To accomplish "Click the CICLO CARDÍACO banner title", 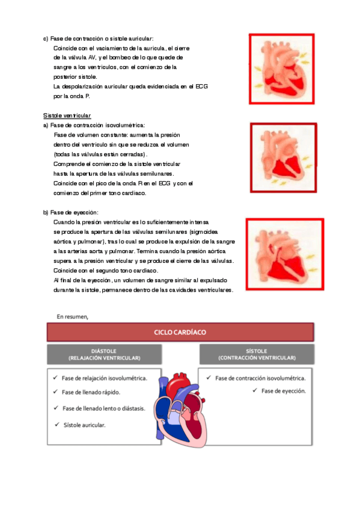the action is [x=180, y=332].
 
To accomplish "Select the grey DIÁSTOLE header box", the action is [x=105, y=354].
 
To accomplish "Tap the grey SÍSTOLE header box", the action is [x=257, y=354].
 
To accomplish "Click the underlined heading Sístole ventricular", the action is [x=67, y=115].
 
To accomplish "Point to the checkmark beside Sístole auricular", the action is [x=57, y=425].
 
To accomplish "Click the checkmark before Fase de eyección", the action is [x=255, y=390].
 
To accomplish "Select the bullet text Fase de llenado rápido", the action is [x=91, y=392].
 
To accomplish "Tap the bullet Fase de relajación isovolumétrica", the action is [x=105, y=378].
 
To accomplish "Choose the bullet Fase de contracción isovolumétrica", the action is [x=260, y=378].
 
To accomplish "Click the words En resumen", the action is [x=73, y=316].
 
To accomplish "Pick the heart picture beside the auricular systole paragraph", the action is [x=282, y=69].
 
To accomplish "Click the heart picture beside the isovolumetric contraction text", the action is [x=283, y=158].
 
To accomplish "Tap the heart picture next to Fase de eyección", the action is [x=285, y=254].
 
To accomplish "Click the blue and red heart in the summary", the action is [x=180, y=410].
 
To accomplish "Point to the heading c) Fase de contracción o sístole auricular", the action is [x=98, y=38].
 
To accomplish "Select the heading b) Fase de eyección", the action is [x=70, y=212].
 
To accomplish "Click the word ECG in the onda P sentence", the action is [x=201, y=87].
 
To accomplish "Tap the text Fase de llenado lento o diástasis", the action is [x=103, y=408].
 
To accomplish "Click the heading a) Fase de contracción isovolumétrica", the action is [x=94, y=125].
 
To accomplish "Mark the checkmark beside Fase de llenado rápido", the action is [x=55, y=392].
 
